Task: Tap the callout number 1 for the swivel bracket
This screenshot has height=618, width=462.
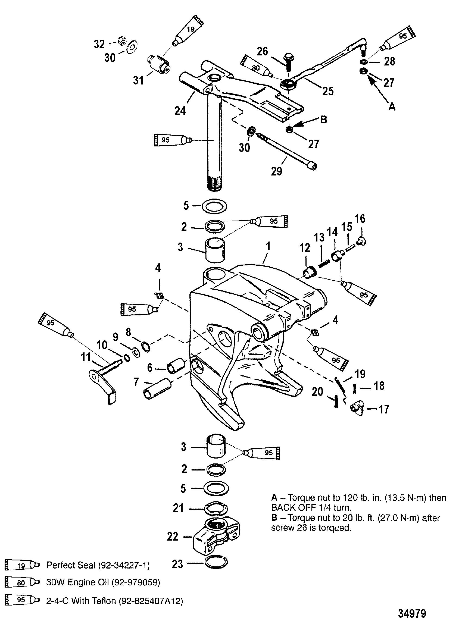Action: click(x=268, y=246)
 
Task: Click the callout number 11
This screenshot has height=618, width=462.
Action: click(x=86, y=357)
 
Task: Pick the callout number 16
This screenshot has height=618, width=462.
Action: click(x=360, y=218)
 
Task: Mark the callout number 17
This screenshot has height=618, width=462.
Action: click(x=383, y=409)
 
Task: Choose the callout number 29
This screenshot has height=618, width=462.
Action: click(x=276, y=171)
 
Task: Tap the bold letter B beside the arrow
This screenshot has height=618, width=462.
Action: click(x=323, y=120)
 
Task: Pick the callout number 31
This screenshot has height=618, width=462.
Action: click(x=138, y=80)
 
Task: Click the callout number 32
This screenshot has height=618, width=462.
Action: click(x=99, y=44)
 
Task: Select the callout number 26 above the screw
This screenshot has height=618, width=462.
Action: click(x=262, y=51)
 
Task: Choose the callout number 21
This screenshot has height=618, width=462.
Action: click(x=178, y=508)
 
